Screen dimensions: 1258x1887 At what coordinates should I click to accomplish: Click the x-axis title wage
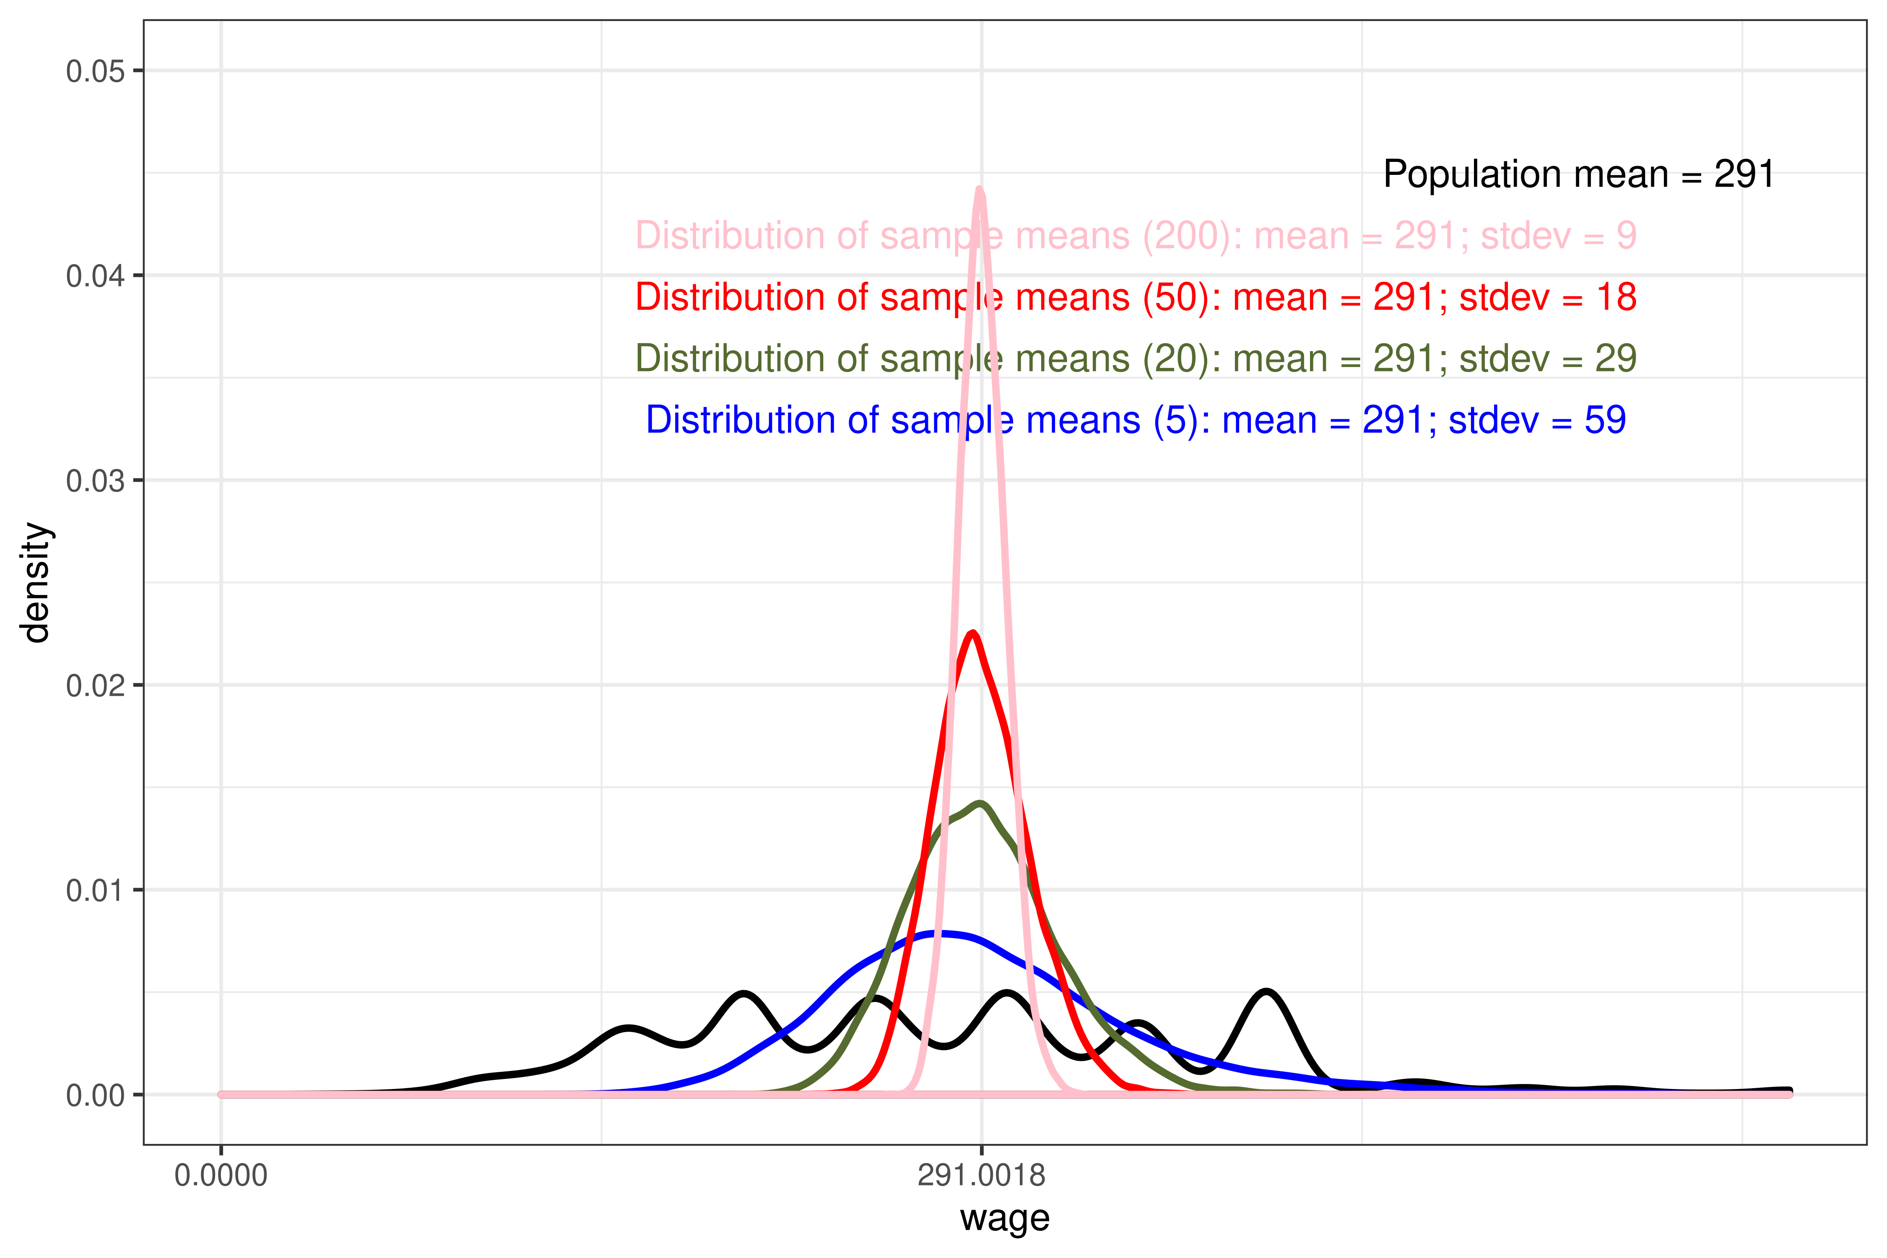pos(1004,1218)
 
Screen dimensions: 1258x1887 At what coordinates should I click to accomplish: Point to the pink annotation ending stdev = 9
pos(1135,236)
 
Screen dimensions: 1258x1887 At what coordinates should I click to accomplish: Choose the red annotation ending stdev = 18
pos(1135,298)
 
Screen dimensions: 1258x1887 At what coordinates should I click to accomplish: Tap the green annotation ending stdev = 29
pos(1135,359)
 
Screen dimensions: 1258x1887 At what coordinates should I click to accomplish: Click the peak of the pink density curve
pos(980,190)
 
